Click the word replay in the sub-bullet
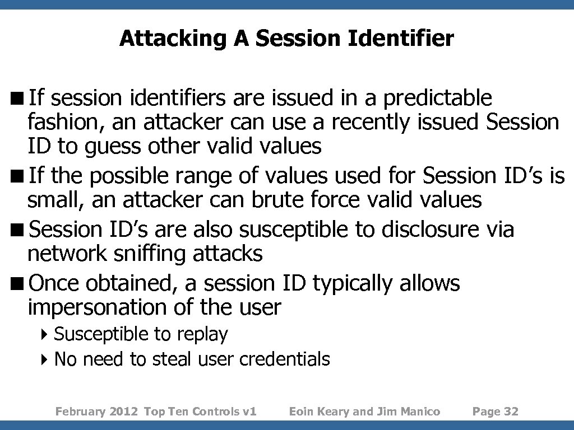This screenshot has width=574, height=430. coord(202,335)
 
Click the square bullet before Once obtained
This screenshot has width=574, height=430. coord(21,284)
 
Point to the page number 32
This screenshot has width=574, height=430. coord(511,412)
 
